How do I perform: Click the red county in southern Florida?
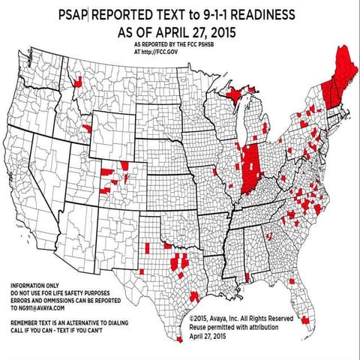pos(305,322)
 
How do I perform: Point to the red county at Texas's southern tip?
pos(178,338)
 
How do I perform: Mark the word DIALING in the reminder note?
pos(105,320)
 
